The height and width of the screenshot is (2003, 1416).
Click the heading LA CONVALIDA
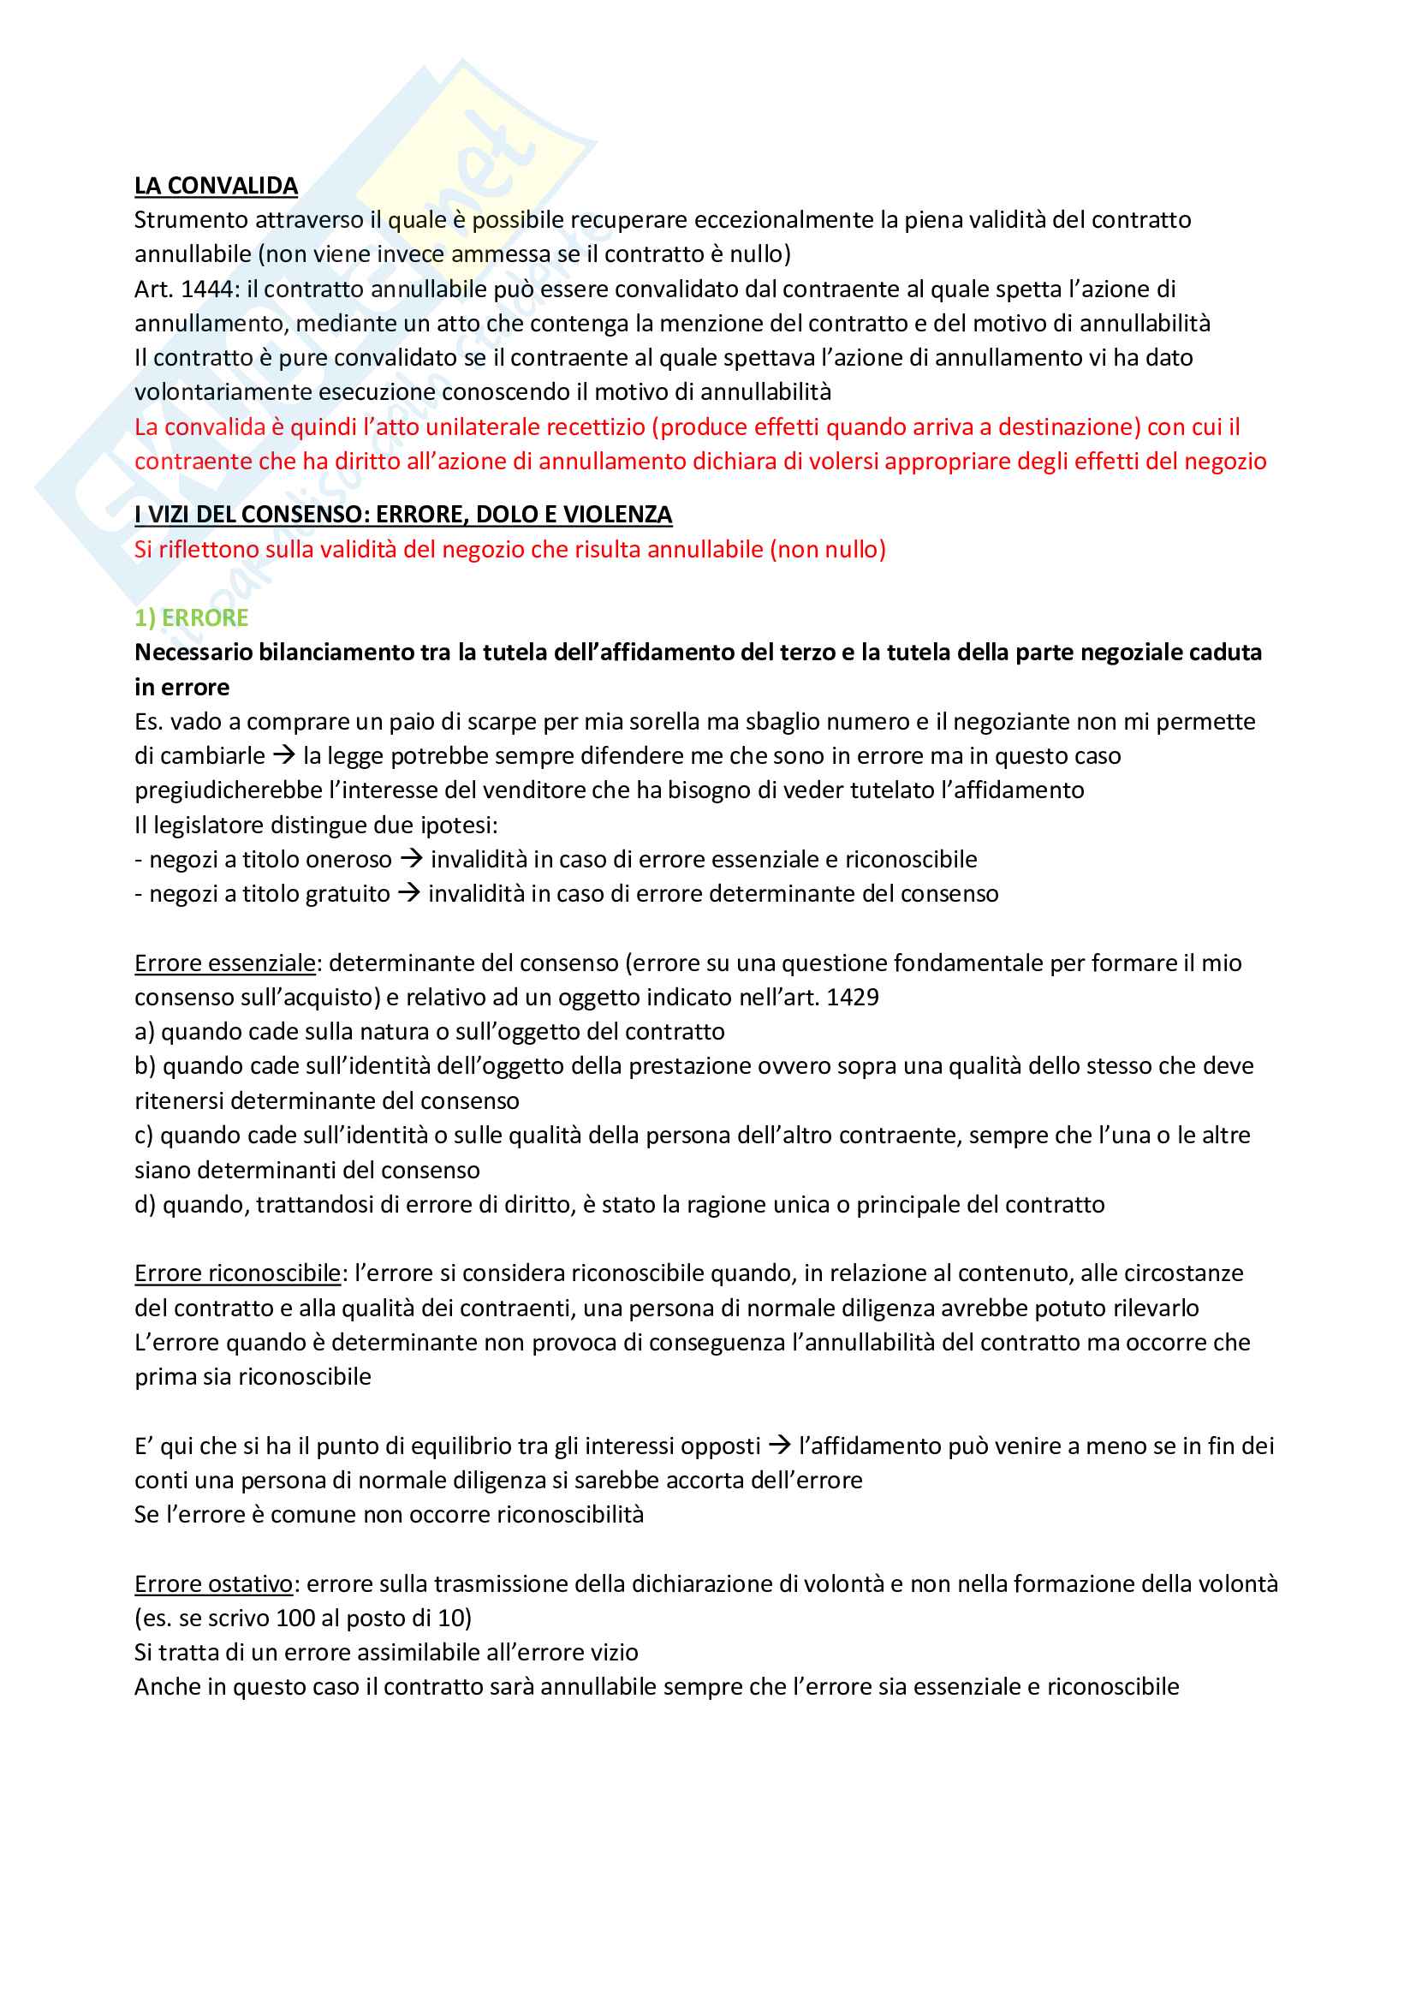(216, 186)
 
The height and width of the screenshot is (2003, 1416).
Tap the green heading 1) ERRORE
(191, 617)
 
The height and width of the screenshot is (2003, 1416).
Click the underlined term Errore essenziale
(224, 963)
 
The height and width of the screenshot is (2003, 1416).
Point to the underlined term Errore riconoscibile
(237, 1273)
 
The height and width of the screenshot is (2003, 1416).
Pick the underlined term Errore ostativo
(214, 1583)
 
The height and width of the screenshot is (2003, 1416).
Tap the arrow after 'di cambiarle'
(284, 755)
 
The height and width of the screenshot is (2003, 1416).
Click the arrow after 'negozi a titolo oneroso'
(412, 859)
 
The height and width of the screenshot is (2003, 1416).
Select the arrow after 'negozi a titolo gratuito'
(409, 893)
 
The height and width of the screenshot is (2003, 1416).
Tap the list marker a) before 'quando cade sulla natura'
(145, 1032)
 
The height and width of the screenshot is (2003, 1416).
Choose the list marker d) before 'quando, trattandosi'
(146, 1205)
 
